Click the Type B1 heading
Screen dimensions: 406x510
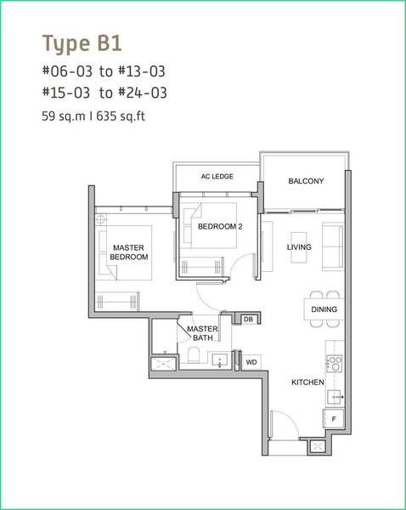(x=82, y=43)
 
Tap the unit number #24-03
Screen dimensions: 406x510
(x=143, y=93)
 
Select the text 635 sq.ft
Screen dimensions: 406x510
(x=121, y=116)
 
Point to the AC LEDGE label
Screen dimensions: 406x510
(x=217, y=176)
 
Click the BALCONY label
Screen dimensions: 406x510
(x=306, y=181)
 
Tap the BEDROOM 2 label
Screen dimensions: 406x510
(x=220, y=226)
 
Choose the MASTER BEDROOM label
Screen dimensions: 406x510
(x=129, y=252)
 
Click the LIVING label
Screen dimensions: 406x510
(x=299, y=247)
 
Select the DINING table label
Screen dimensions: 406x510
(x=324, y=309)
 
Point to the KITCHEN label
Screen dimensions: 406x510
(x=307, y=382)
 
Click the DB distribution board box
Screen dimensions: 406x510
(x=248, y=320)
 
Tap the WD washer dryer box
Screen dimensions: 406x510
(x=251, y=362)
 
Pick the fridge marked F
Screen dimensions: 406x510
(x=333, y=418)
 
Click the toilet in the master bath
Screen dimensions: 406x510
(x=194, y=354)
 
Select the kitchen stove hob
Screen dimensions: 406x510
(x=334, y=364)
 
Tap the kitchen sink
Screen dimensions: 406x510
(x=335, y=397)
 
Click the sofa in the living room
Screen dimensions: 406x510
(x=333, y=246)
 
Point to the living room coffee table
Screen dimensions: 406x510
(x=299, y=247)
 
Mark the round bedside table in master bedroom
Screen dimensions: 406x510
(x=101, y=219)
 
